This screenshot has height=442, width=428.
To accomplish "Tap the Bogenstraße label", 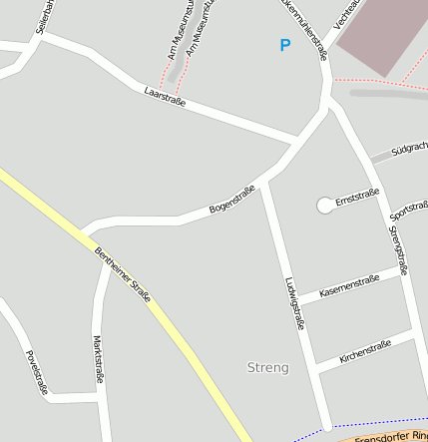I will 231,200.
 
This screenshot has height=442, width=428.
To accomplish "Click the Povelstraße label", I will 37,372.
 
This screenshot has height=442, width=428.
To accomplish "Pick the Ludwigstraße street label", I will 294,303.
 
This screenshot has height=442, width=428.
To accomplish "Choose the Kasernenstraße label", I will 349,285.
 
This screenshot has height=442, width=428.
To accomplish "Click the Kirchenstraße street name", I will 364,350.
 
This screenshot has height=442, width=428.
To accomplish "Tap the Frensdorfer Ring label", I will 390,437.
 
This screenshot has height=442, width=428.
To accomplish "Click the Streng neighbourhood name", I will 267,367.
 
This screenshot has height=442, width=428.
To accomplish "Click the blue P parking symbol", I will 285,45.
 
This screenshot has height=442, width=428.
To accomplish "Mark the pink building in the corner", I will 384,30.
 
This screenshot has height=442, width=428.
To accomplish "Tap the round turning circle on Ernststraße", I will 325,206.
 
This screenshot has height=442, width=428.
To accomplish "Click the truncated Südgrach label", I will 409,149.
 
